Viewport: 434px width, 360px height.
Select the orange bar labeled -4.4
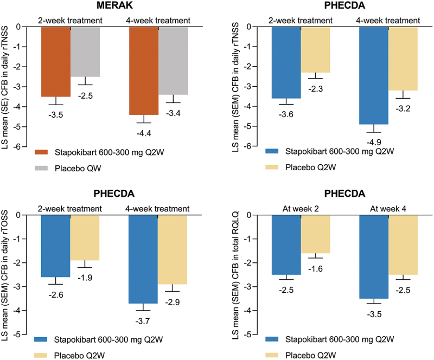pyautogui.click(x=144, y=70)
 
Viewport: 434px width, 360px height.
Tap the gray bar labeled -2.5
pyautogui.click(x=85, y=52)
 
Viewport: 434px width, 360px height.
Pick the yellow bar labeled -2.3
pyautogui.click(x=315, y=49)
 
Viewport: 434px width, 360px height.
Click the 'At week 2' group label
pyautogui.click(x=301, y=209)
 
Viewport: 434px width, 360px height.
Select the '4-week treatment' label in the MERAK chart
pyautogui.click(x=158, y=21)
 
